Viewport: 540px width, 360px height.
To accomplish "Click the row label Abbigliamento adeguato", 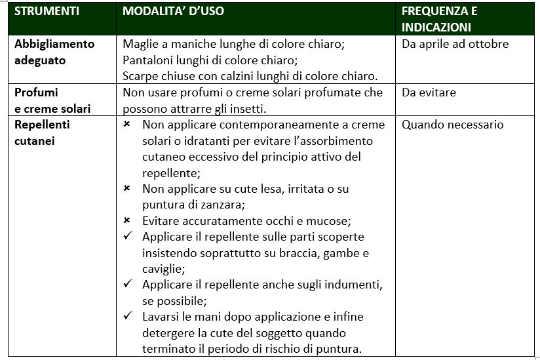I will click(54, 52).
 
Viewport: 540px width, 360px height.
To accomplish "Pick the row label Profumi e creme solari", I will click(52, 100).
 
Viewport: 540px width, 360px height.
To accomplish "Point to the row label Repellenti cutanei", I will click(43, 132).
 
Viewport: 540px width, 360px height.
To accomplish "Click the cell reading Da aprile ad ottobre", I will click(455, 44).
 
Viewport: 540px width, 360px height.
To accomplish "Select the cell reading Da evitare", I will click(429, 92).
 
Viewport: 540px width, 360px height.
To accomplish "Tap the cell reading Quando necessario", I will click(452, 124).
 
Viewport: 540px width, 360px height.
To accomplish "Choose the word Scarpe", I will click(140, 75).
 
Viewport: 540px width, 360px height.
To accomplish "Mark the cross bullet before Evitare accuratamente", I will click(127, 220).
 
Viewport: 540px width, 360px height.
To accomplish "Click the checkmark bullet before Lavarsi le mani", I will click(128, 317).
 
